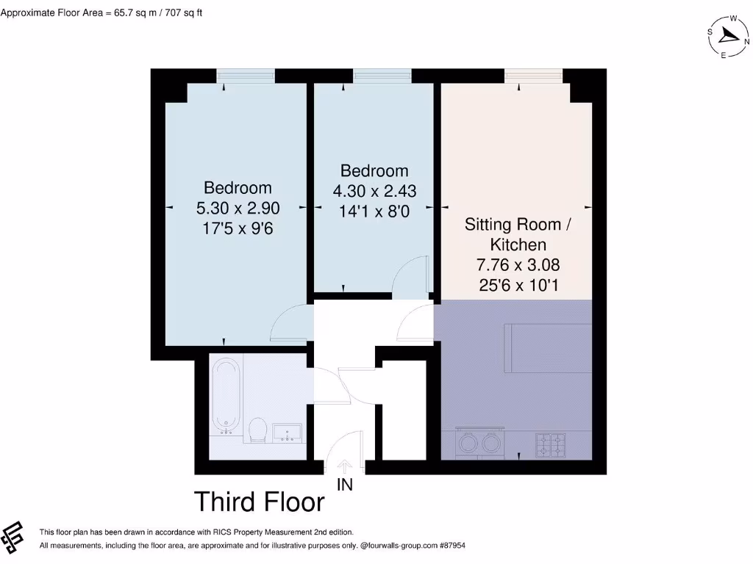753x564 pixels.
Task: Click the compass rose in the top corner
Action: (x=728, y=37)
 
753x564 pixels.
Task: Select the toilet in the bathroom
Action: (x=257, y=429)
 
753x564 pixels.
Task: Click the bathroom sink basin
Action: (x=288, y=433)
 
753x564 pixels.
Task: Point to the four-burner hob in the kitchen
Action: (x=549, y=443)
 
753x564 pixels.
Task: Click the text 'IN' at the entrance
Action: (x=345, y=485)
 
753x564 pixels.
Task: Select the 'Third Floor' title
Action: (x=259, y=502)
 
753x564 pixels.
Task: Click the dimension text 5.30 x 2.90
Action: (x=238, y=208)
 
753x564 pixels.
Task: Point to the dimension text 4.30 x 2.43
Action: (x=374, y=191)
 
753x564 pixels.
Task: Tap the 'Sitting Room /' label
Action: (x=517, y=225)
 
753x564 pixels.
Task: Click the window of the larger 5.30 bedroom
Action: (x=246, y=75)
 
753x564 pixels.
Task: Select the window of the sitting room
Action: (x=533, y=75)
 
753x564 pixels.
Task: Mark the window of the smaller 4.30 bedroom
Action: (x=382, y=75)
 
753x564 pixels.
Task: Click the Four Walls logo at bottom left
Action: (x=14, y=538)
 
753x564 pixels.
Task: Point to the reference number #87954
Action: (x=449, y=546)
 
